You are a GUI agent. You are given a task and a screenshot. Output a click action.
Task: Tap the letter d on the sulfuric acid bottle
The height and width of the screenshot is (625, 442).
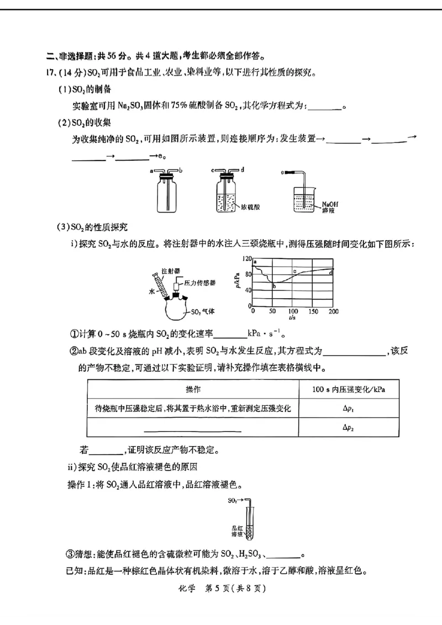[243, 169]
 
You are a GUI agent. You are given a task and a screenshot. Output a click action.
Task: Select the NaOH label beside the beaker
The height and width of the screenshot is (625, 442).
[330, 204]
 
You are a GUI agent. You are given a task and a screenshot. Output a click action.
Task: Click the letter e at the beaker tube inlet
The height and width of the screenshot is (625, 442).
[282, 172]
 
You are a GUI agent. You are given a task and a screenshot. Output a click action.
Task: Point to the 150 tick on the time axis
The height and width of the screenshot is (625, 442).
[313, 311]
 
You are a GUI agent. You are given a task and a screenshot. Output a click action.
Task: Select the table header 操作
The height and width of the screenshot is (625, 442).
[193, 389]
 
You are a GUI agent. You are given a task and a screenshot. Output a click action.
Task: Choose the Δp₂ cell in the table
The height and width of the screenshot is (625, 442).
[348, 427]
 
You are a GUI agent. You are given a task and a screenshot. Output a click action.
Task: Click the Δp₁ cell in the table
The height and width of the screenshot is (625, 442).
[348, 409]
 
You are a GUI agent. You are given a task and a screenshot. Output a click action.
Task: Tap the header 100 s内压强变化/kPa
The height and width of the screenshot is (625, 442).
[348, 389]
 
